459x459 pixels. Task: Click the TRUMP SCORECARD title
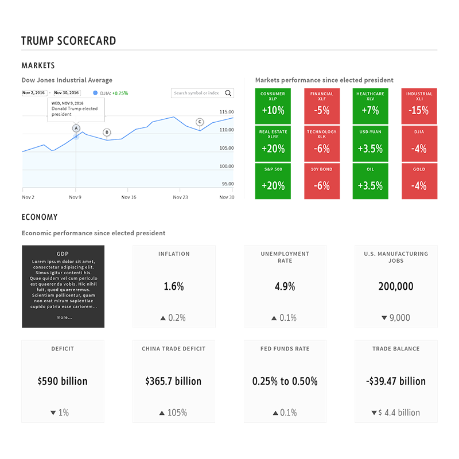[x=69, y=41]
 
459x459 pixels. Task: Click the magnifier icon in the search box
[x=228, y=93]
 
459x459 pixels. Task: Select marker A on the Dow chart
[x=76, y=128]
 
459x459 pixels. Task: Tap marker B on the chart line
[x=107, y=133]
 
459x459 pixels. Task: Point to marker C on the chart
[x=200, y=122]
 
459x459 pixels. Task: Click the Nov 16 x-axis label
[x=129, y=197]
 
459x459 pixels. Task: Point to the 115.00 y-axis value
[x=227, y=112]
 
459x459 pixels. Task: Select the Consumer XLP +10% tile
[x=273, y=106]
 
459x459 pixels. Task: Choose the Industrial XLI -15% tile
[x=419, y=106]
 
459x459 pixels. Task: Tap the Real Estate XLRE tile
[x=273, y=143]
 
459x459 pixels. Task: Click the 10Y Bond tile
[x=321, y=181]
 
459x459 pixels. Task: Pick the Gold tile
[x=419, y=181]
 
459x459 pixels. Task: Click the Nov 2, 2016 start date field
[x=34, y=92]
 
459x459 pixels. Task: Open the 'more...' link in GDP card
[x=64, y=317]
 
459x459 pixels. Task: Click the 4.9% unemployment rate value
[x=285, y=286]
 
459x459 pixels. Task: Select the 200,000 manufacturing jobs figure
[x=396, y=286]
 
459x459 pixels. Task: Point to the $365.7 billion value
[x=173, y=381]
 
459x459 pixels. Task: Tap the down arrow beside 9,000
[x=384, y=318]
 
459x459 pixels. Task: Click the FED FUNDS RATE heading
[x=285, y=348]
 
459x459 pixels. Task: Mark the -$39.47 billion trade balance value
[x=396, y=381]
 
